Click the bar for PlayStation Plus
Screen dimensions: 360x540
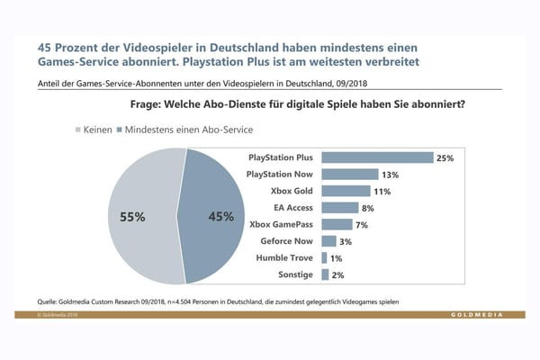click(377, 157)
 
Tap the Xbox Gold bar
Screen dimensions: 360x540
click(346, 191)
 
